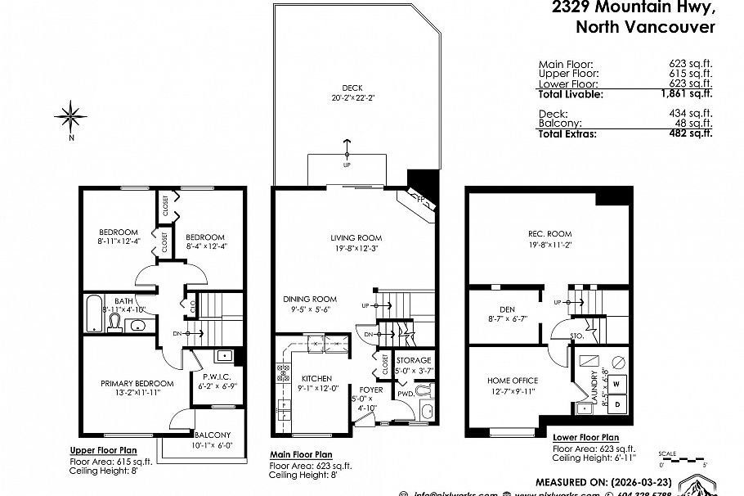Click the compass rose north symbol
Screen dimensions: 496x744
point(73,116)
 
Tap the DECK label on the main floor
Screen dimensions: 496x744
point(352,88)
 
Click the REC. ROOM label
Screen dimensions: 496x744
point(549,233)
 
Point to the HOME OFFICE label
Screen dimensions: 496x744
point(513,381)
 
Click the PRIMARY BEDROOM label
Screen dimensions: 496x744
point(137,383)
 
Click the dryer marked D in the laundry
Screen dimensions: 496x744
point(616,404)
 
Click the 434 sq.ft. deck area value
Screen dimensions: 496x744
point(692,113)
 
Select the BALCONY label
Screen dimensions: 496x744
point(212,435)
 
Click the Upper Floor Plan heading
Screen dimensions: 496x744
point(103,450)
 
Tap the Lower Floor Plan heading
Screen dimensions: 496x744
point(585,438)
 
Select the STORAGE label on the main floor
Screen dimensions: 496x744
point(414,360)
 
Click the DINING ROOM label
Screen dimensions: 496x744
point(310,299)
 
